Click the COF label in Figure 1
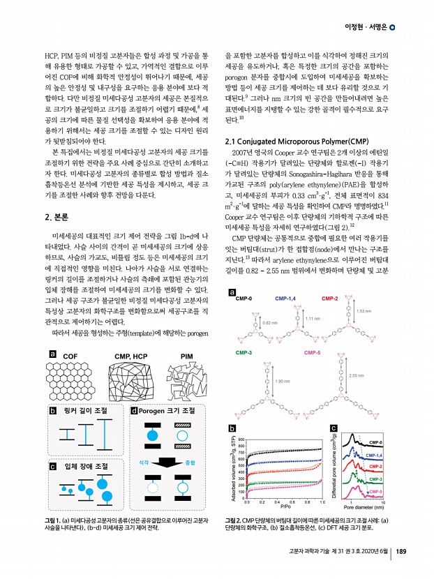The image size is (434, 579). pyautogui.click(x=70, y=356)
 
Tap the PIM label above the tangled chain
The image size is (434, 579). pyautogui.click(x=187, y=356)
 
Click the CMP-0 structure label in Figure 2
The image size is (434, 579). pyautogui.click(x=244, y=318)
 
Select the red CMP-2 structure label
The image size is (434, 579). pyautogui.click(x=329, y=318)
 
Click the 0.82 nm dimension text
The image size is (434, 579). pyautogui.click(x=271, y=343)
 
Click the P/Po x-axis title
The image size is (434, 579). pyautogui.click(x=284, y=506)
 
